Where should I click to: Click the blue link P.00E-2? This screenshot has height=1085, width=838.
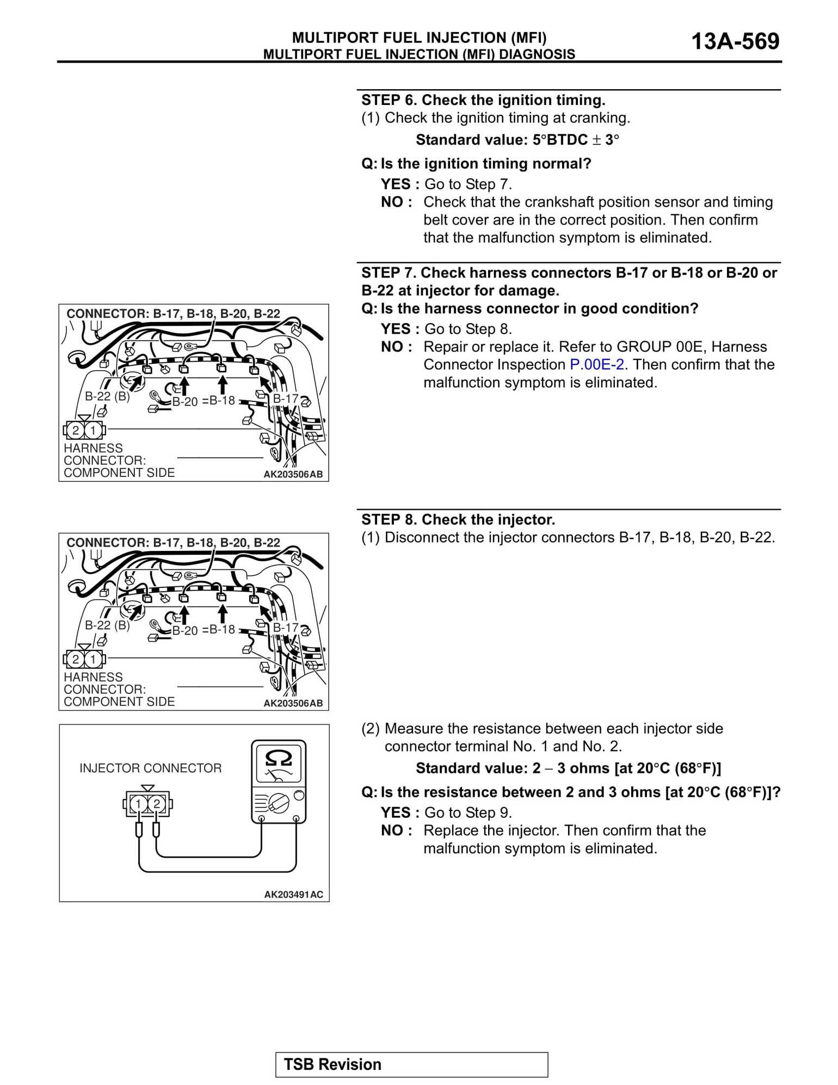pyautogui.click(x=596, y=364)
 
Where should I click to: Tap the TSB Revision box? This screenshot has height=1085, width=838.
pyautogui.click(x=411, y=1064)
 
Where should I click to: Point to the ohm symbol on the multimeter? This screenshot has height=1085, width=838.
pyautogui.click(x=278, y=758)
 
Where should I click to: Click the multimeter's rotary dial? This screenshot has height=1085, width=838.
pyautogui.click(x=279, y=802)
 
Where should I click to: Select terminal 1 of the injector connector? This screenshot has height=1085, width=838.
pyautogui.click(x=138, y=804)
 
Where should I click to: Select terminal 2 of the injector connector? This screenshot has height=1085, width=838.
pyautogui.click(x=157, y=804)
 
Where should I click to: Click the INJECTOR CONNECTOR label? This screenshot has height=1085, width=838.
pyautogui.click(x=150, y=768)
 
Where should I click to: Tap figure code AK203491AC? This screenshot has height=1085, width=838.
pyautogui.click(x=293, y=895)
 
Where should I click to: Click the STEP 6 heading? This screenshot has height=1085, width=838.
pyautogui.click(x=483, y=100)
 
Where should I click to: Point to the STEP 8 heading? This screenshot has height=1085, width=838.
pyautogui.click(x=458, y=519)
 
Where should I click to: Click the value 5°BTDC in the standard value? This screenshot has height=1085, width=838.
pyautogui.click(x=560, y=140)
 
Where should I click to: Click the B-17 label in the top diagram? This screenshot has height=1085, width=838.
pyautogui.click(x=285, y=399)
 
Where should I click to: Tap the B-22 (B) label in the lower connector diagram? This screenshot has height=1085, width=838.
pyautogui.click(x=107, y=625)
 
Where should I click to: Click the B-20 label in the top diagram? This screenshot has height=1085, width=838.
pyautogui.click(x=184, y=402)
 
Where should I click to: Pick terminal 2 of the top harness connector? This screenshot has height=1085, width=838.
pyautogui.click(x=76, y=430)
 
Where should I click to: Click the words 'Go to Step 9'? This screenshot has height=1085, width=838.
pyautogui.click(x=467, y=813)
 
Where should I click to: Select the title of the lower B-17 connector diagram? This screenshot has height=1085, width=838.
pyautogui.click(x=173, y=542)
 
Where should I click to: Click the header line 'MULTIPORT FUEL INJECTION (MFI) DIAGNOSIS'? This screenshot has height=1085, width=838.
pyautogui.click(x=419, y=54)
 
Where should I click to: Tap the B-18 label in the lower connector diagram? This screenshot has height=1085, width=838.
pyautogui.click(x=222, y=629)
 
